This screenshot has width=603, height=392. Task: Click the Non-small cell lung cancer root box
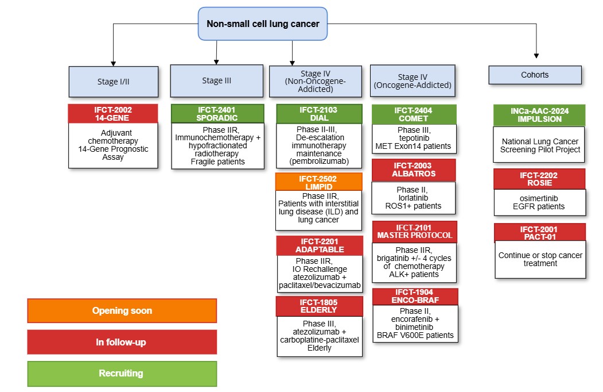click(263, 24)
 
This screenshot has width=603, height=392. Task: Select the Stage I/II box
click(114, 82)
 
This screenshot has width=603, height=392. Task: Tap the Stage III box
click(217, 80)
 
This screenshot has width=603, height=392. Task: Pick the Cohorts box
click(535, 75)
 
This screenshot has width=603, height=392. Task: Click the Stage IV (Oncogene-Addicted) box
click(413, 81)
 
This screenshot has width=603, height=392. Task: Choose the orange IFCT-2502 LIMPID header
click(319, 182)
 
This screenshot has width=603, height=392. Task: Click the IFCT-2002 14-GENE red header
click(113, 114)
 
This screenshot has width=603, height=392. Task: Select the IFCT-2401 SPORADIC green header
click(217, 114)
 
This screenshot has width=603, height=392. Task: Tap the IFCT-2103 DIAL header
click(319, 114)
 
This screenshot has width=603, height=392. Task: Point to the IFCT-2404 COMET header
click(414, 114)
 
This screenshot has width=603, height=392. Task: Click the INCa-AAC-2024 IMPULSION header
click(539, 116)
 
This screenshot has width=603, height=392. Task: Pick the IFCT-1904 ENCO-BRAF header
click(415, 297)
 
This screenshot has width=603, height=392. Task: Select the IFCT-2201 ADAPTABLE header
click(320, 245)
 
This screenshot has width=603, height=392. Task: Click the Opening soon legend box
click(122, 311)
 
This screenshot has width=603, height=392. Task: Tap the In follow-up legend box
click(122, 342)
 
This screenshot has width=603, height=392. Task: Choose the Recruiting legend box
click(122, 374)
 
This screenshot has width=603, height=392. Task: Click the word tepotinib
click(414, 138)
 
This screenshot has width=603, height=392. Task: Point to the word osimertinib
click(539, 198)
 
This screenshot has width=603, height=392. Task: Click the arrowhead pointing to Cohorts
click(536, 56)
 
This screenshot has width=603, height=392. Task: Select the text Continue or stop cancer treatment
click(540, 259)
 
